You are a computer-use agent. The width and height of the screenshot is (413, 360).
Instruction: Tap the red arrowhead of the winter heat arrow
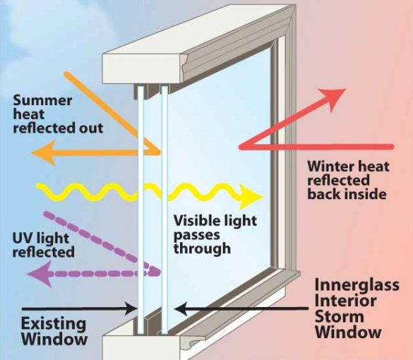pyautogui.click(x=333, y=98)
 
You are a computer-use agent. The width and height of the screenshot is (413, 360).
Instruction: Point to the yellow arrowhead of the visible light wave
pyautogui.click(x=251, y=197)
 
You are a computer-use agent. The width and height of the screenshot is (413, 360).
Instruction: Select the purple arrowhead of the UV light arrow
pyautogui.click(x=40, y=274)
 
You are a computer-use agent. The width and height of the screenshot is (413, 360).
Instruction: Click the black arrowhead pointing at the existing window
pyautogui.click(x=131, y=308)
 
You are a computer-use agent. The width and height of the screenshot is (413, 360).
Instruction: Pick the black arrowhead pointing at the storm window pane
pyautogui.click(x=181, y=308)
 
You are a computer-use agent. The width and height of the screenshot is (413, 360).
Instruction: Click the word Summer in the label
pyautogui.click(x=42, y=101)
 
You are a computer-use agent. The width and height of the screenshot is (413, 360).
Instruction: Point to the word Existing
pyautogui.click(x=54, y=324)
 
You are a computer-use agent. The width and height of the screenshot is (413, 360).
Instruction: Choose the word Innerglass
pyautogui.click(x=357, y=285)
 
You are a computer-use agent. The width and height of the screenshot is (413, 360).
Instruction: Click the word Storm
pyautogui.click(x=340, y=316)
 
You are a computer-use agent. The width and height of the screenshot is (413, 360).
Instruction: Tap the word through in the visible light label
pyautogui.click(x=202, y=248)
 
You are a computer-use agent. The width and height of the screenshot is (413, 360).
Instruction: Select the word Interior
pyautogui.click(x=345, y=301)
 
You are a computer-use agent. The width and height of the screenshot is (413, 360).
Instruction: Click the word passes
pyautogui.click(x=196, y=235)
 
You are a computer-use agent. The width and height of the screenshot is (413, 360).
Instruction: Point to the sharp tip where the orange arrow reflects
pyautogui.click(x=160, y=152)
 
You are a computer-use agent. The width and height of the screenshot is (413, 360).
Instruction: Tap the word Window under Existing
pyautogui.click(x=54, y=340)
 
